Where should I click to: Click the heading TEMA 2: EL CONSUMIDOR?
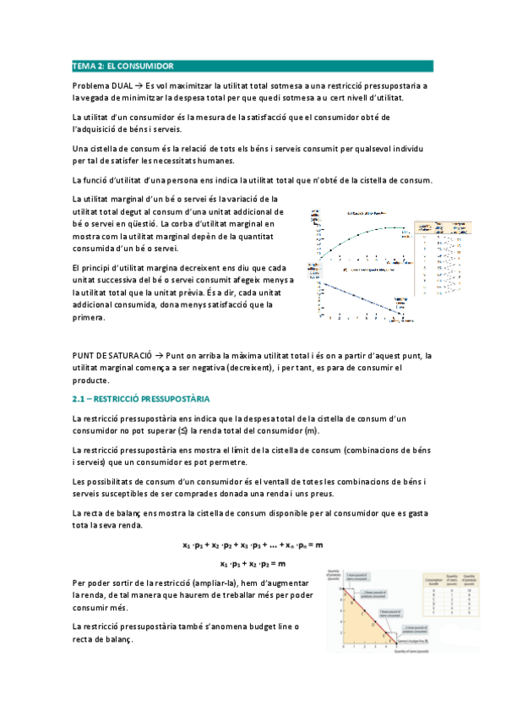pyautogui.click(x=122, y=65)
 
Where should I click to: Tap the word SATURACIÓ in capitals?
pyautogui.click(x=130, y=355)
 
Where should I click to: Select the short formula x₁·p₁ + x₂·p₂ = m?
pyautogui.click(x=253, y=563)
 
